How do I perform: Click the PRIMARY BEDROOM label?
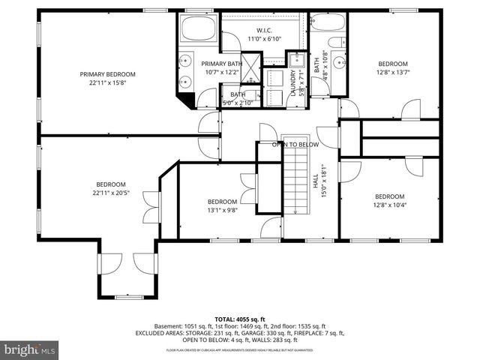[x=108, y=74]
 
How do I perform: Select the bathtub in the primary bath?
[x=199, y=32]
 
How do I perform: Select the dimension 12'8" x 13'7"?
[x=392, y=73]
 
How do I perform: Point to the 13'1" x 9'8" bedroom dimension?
[x=222, y=211]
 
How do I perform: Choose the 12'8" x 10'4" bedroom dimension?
[x=389, y=206]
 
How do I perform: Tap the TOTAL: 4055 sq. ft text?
[x=239, y=318]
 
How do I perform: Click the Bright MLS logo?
[x=29, y=349]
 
